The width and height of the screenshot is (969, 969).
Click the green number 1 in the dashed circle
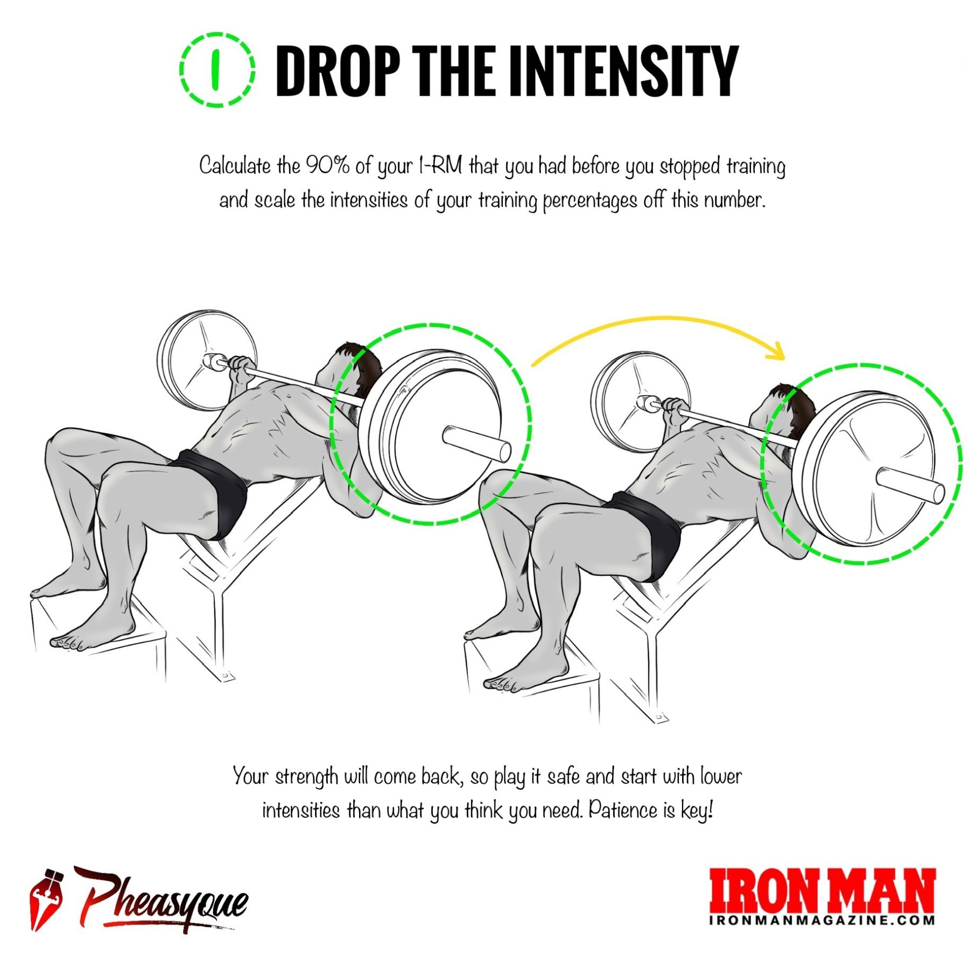(x=216, y=69)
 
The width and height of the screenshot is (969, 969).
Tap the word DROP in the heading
(x=338, y=71)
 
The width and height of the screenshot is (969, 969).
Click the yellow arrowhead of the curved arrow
(x=777, y=352)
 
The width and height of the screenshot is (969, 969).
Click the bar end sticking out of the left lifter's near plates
(x=477, y=443)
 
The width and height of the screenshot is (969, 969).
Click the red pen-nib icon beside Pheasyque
(x=45, y=898)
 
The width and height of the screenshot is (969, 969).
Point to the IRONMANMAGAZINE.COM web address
(x=821, y=919)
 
